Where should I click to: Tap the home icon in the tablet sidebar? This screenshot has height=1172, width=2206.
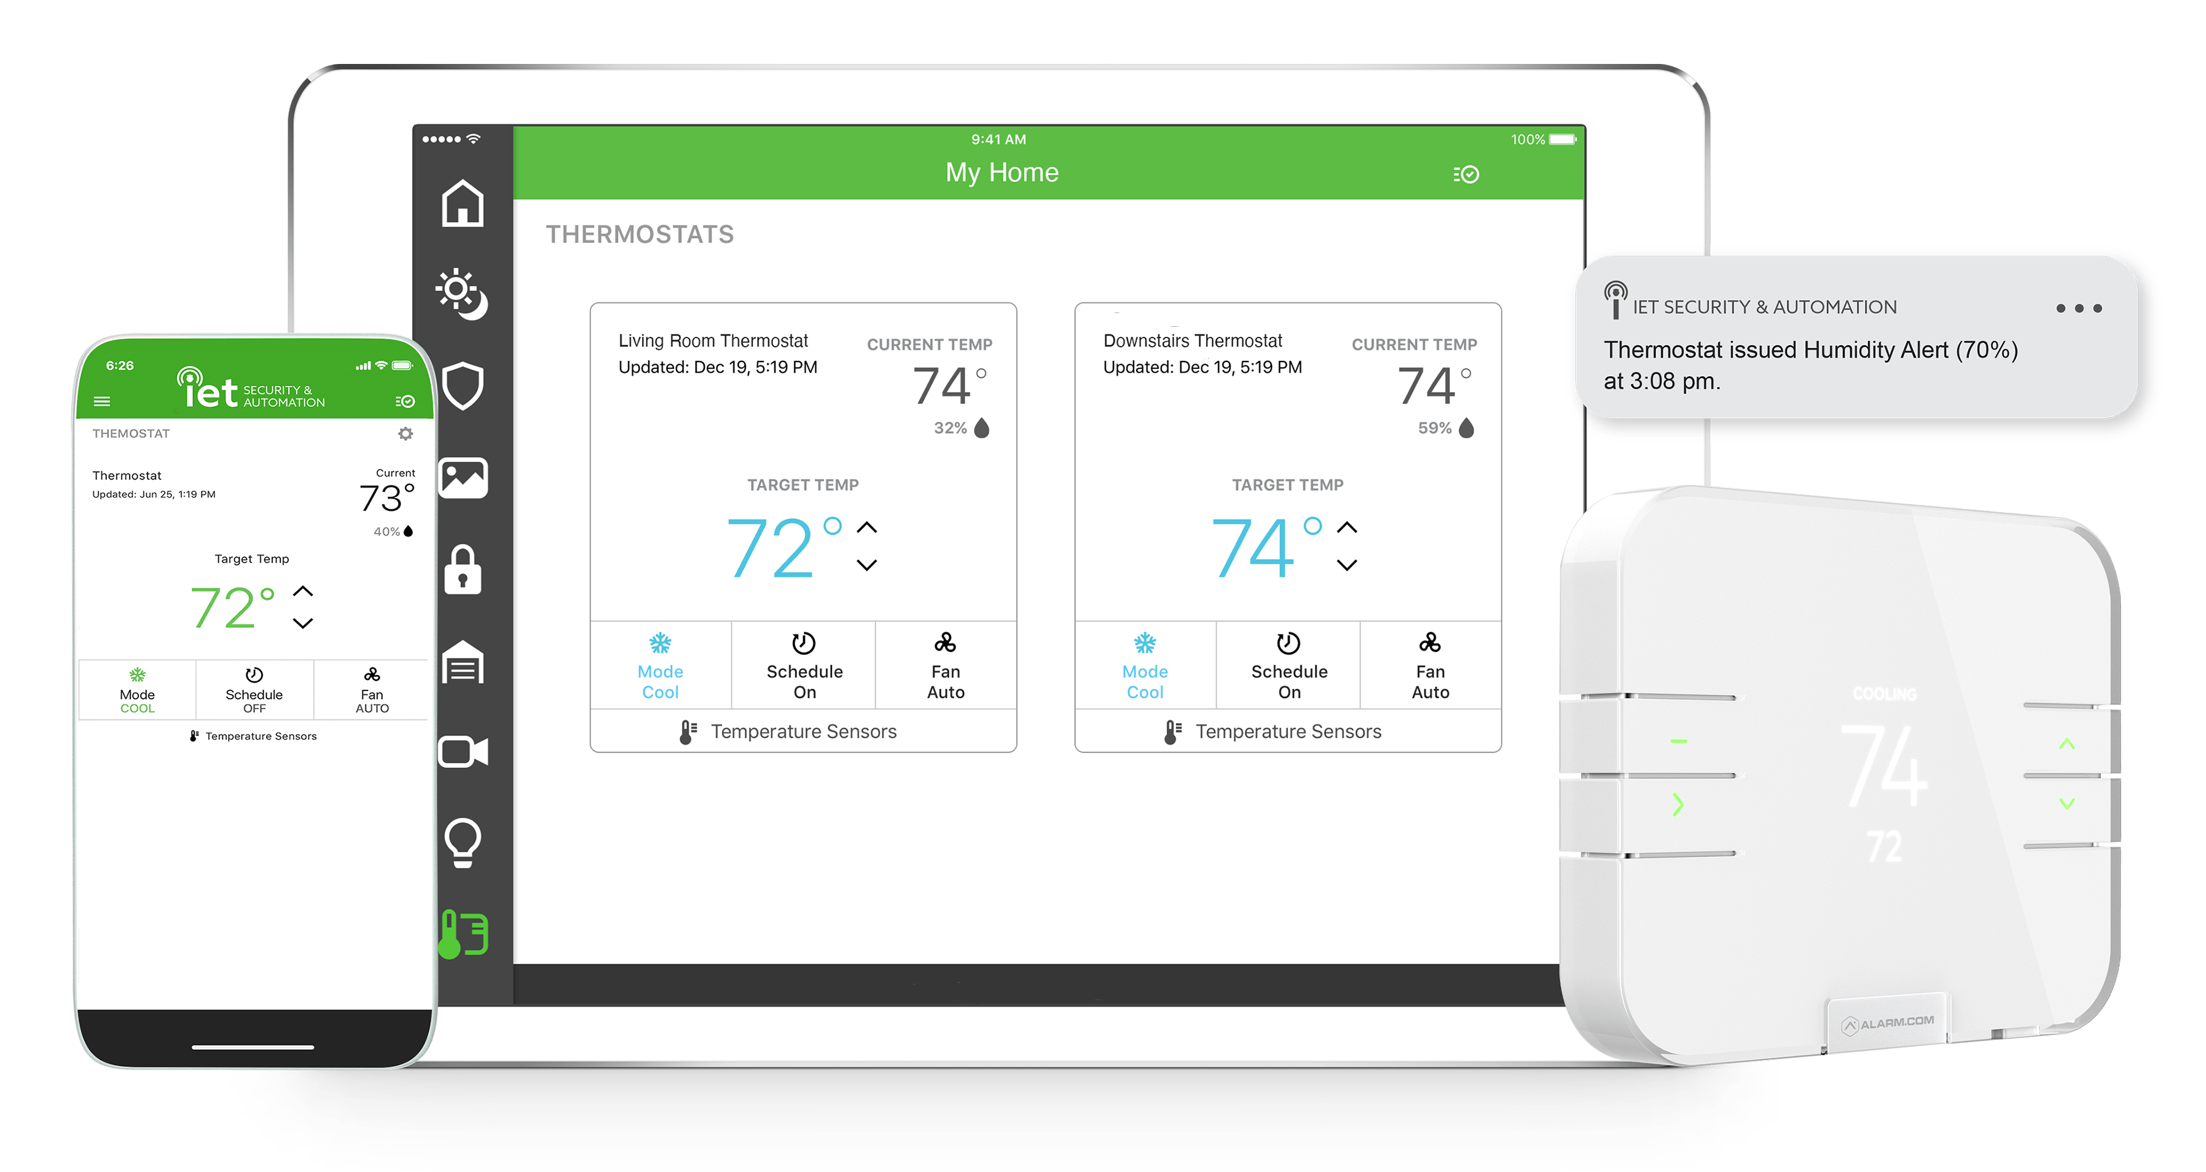463,204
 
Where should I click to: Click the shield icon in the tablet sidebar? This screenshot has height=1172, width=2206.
463,386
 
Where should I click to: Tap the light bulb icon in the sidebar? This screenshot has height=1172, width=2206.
463,843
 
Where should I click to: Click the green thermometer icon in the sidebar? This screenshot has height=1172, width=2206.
463,934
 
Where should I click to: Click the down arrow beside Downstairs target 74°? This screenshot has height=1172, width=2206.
1347,564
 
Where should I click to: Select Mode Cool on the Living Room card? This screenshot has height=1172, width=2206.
660,667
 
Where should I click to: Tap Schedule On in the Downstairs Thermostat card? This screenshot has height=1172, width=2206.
1289,667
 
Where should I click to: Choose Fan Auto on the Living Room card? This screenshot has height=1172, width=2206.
946,667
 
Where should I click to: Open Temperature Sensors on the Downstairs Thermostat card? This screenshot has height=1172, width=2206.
1273,732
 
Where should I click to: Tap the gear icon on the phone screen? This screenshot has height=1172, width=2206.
406,434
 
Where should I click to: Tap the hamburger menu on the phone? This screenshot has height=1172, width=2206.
102,401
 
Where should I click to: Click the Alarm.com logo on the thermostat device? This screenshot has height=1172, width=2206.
1888,1023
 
